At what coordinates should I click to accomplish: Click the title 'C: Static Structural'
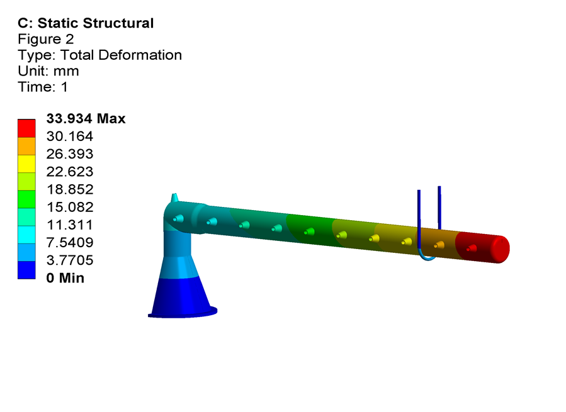(x=86, y=23)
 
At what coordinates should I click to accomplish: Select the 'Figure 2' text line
(x=46, y=39)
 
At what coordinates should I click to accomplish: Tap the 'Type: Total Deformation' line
(x=99, y=55)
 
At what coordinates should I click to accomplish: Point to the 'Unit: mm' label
(x=48, y=70)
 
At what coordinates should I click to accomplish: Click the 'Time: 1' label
(x=43, y=87)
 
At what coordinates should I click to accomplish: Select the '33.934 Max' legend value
(x=86, y=118)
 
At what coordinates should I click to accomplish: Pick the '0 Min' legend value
(x=65, y=278)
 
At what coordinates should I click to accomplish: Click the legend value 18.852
(x=70, y=189)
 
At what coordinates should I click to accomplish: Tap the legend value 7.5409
(x=70, y=242)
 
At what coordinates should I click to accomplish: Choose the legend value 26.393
(x=70, y=153)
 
